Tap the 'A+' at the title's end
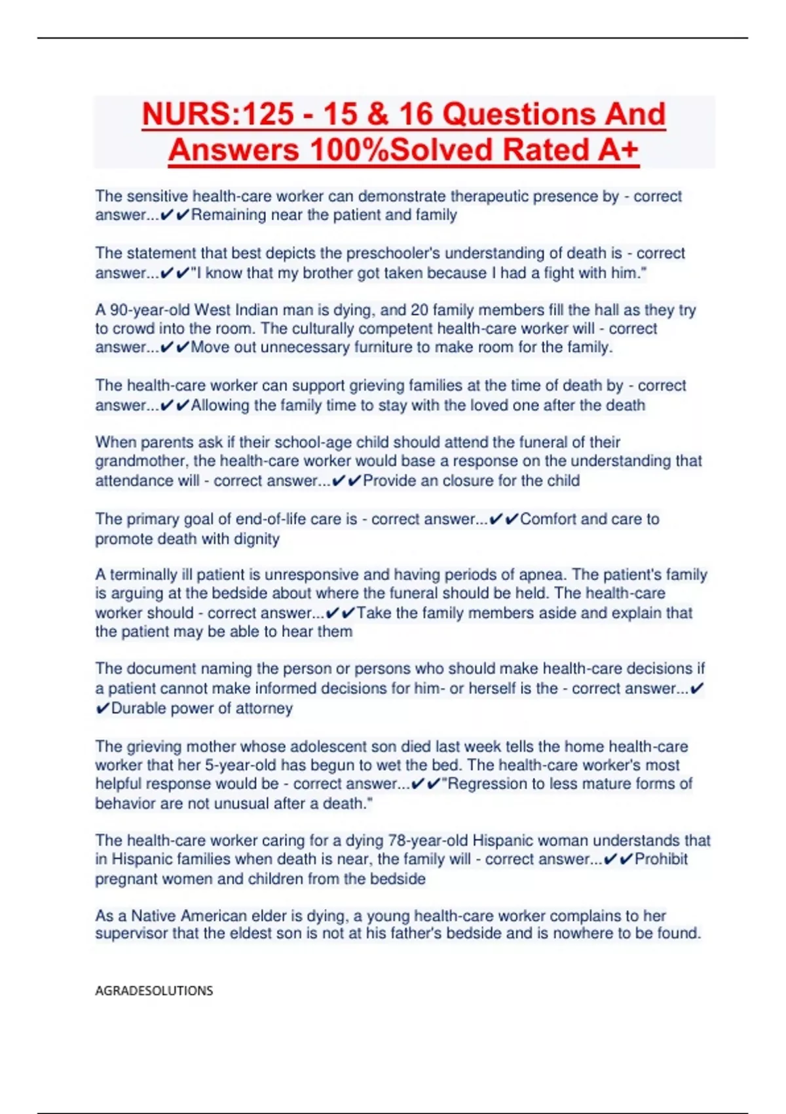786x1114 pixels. [618, 150]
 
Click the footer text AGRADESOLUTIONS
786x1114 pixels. [154, 990]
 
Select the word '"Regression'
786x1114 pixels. [485, 784]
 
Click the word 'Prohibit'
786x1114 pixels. [661, 859]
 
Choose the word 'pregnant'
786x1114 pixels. [124, 879]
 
